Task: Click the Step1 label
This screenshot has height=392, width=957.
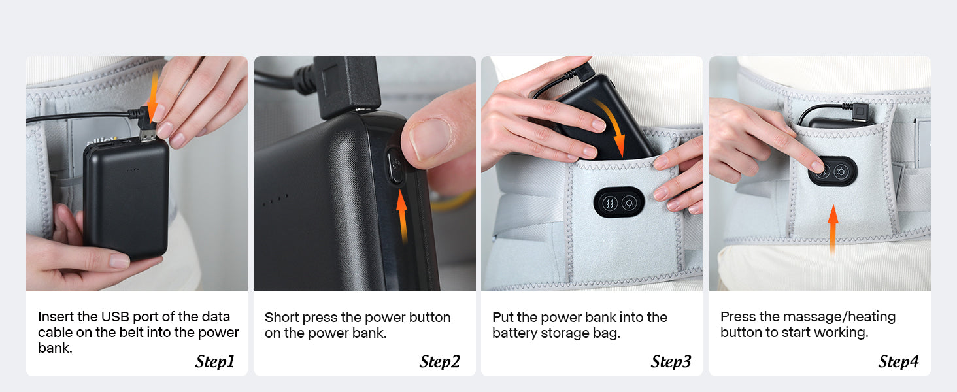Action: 215,362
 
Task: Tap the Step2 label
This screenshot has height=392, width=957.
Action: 440,362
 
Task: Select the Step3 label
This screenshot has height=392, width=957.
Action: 671,362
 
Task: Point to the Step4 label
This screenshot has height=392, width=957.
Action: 898,362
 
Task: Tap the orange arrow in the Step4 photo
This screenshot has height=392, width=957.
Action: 833,230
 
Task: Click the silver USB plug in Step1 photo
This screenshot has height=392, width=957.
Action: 148,136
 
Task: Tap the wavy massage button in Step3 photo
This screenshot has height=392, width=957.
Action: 610,203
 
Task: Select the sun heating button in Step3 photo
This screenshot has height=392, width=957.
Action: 629,203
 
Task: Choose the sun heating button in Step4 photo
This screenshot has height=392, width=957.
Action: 841,172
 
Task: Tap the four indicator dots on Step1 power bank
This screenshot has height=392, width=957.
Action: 133,170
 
